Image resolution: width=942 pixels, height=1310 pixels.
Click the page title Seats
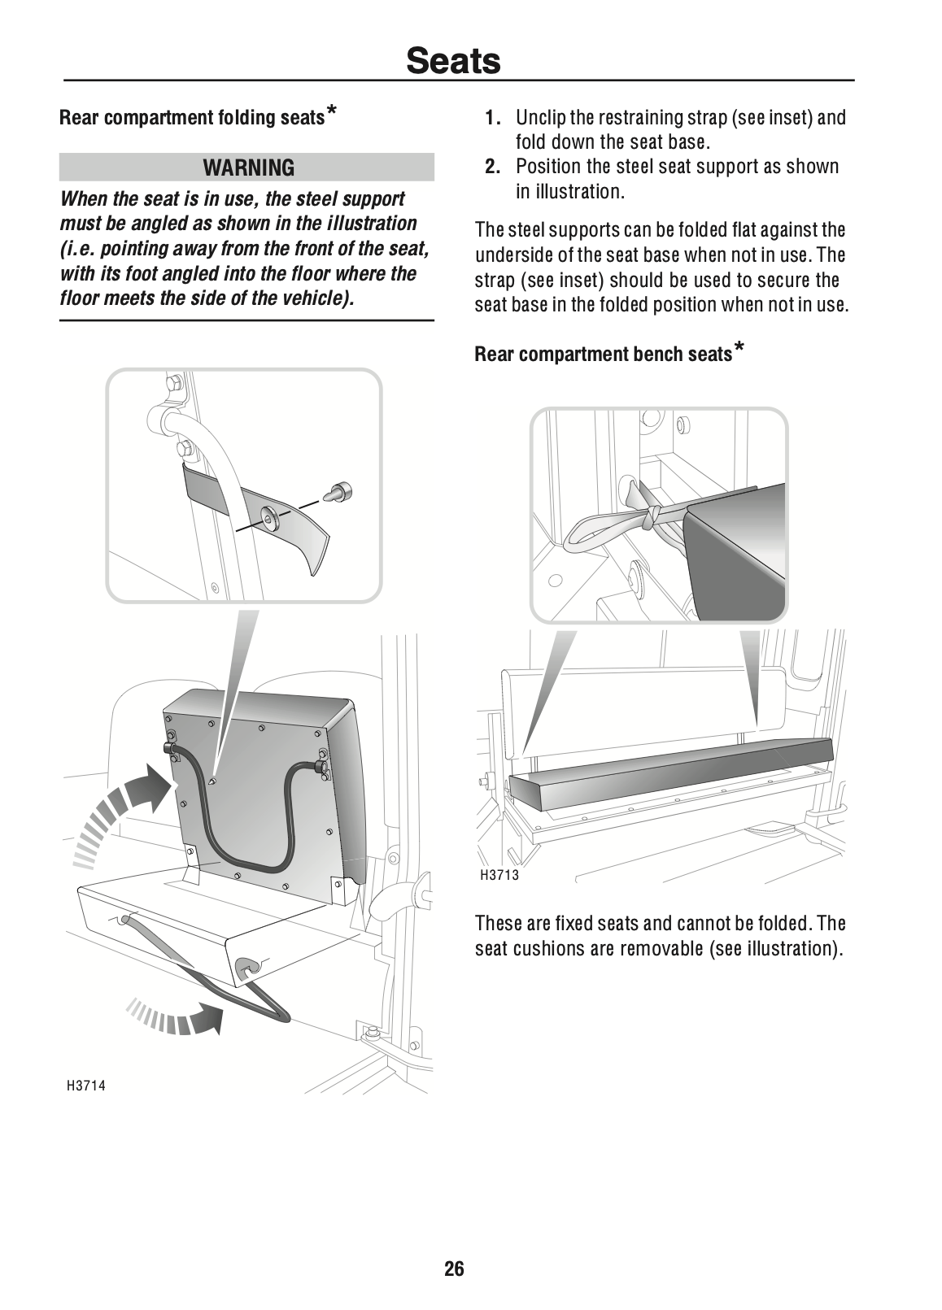pos(453,59)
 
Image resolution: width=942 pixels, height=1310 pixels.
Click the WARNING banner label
pos(249,168)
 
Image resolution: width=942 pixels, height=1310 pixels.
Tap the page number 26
pos(454,1268)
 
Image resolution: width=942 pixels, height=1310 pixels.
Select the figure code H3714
pos(86,1085)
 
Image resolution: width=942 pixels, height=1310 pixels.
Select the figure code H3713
pos(499,875)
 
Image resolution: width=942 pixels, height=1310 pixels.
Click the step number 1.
pos(492,118)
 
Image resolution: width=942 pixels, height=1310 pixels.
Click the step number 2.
pos(492,167)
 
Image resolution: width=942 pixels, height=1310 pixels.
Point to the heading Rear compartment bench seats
pos(603,354)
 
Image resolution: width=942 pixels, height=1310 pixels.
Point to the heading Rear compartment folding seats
pos(192,118)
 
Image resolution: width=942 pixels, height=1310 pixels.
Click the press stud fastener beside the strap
pos(342,490)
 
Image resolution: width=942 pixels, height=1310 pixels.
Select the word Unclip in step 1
pos(542,118)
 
